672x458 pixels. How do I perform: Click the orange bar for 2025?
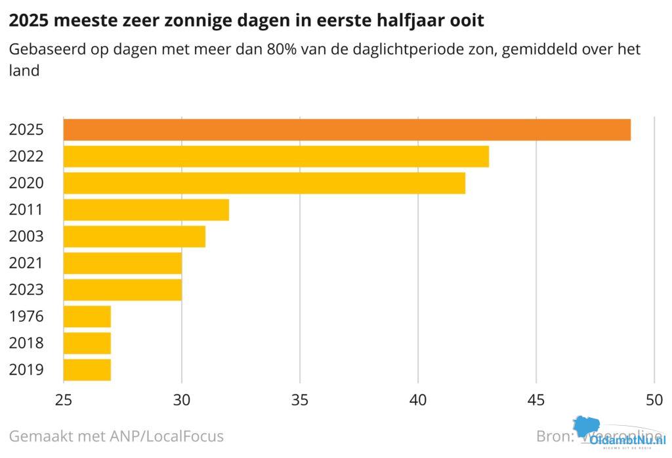pos(346,129)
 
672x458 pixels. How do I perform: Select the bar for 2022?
pos(276,156)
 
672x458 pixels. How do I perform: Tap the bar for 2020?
pos(264,183)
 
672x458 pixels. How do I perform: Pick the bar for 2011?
pos(146,210)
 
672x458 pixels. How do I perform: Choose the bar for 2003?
pos(134,237)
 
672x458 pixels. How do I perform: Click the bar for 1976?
pos(87,317)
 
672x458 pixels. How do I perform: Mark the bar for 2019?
pos(87,370)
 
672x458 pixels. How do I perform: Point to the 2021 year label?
pos(26,263)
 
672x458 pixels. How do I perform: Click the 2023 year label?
pos(26,290)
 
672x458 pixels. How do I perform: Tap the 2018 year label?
pos(26,343)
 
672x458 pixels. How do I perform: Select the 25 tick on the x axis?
pos(64,399)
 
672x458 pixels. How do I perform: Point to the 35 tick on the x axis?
pos(300,399)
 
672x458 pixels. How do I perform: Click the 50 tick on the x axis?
pos(654,399)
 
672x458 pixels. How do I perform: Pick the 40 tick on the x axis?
pos(418,399)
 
